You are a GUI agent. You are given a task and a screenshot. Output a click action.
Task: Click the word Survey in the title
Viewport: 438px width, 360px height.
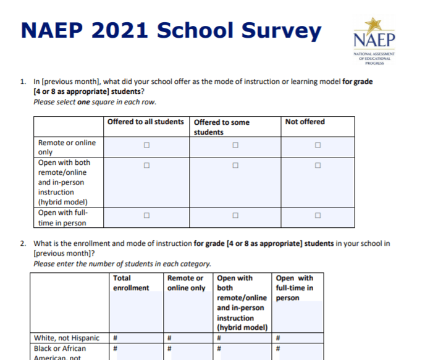tap(284, 30)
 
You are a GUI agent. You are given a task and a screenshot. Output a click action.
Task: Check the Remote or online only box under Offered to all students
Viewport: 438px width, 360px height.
tap(146, 146)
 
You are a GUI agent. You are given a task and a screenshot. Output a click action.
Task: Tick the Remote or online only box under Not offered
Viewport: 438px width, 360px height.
tap(318, 146)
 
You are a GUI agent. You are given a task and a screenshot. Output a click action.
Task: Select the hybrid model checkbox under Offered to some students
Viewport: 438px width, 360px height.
tap(235, 165)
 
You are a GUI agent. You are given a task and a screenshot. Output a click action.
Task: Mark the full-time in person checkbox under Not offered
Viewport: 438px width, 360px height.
tap(318, 216)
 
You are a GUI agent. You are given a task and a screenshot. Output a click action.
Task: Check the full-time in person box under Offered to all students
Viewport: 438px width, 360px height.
tap(146, 216)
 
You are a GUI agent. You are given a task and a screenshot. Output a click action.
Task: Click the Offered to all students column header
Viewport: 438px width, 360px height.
tap(146, 122)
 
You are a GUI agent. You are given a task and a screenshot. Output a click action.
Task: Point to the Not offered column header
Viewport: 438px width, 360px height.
tap(305, 122)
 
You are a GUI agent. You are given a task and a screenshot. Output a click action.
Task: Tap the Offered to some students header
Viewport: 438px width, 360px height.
tap(222, 127)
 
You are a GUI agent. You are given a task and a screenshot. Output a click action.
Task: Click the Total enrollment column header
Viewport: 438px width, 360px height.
tap(131, 283)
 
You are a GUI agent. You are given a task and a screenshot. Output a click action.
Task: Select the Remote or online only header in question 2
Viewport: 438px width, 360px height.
tap(186, 283)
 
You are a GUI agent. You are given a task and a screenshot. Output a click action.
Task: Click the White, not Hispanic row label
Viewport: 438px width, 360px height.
tap(66, 338)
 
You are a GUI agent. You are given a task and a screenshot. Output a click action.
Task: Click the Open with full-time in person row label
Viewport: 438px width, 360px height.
tap(62, 218)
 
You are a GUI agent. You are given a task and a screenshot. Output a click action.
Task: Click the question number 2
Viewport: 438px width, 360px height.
tap(23, 244)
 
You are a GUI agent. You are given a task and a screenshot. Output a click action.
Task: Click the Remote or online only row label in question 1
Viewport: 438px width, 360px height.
tap(67, 147)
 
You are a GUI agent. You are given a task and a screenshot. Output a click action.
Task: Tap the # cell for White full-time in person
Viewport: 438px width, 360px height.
tap(278, 338)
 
